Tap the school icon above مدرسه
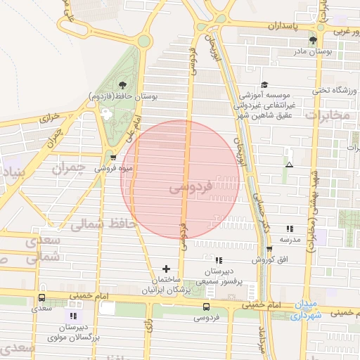[x=290, y=229]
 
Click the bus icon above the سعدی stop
[x=41, y=299]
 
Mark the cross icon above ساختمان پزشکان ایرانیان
[x=166, y=269]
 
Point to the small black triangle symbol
[x=289, y=165]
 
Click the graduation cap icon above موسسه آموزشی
[x=265, y=84]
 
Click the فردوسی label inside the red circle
[x=190, y=188]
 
